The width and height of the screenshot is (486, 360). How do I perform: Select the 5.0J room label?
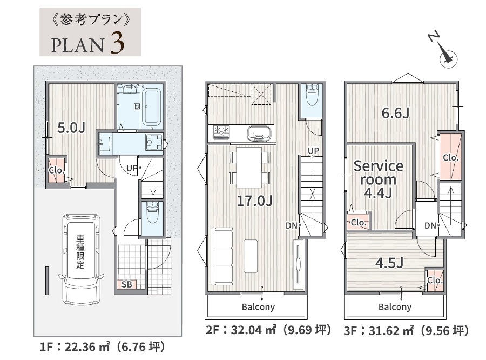pos(71,128)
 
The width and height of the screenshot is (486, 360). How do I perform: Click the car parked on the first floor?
pos(82,259)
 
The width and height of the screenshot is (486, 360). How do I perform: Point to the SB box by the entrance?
pos(127,284)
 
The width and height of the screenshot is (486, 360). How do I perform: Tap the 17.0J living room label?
pos(254,201)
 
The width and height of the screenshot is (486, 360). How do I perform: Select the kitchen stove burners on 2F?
pos(221,131)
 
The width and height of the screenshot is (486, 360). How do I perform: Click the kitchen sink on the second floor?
pos(259,133)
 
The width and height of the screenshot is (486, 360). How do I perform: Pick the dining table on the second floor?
pos(249,167)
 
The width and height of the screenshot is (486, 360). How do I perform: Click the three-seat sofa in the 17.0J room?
pos(221,257)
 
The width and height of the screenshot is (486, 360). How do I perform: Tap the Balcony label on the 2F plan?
pos(258,307)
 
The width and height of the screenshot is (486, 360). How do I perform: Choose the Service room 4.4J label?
pos(379,179)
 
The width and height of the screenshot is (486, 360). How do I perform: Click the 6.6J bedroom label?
pos(395,113)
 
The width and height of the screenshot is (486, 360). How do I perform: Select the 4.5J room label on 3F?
pos(389,263)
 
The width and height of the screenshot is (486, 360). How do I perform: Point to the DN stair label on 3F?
pos(430,225)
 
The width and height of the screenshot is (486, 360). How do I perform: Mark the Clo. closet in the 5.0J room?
pos(57,170)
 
